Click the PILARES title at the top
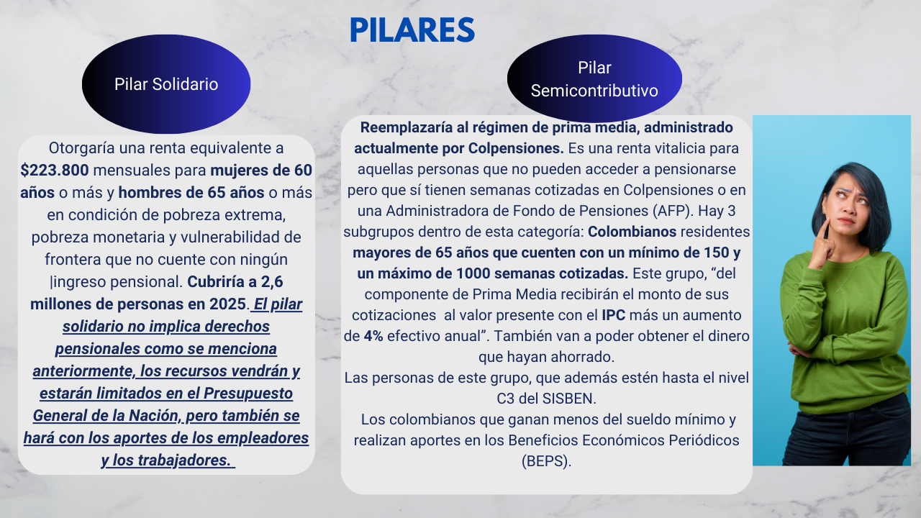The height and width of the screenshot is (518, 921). point(412,29)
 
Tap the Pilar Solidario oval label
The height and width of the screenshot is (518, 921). point(166,84)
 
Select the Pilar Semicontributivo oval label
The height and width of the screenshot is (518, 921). point(594,78)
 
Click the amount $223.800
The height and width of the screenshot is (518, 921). point(55,171)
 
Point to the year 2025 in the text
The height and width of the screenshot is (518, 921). point(227,304)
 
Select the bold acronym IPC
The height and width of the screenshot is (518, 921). point(614,315)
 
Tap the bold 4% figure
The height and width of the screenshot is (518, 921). point(373,336)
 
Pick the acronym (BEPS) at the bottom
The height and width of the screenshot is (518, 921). point(546,461)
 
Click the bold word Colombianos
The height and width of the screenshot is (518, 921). point(632,232)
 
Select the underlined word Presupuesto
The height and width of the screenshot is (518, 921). point(248,394)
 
